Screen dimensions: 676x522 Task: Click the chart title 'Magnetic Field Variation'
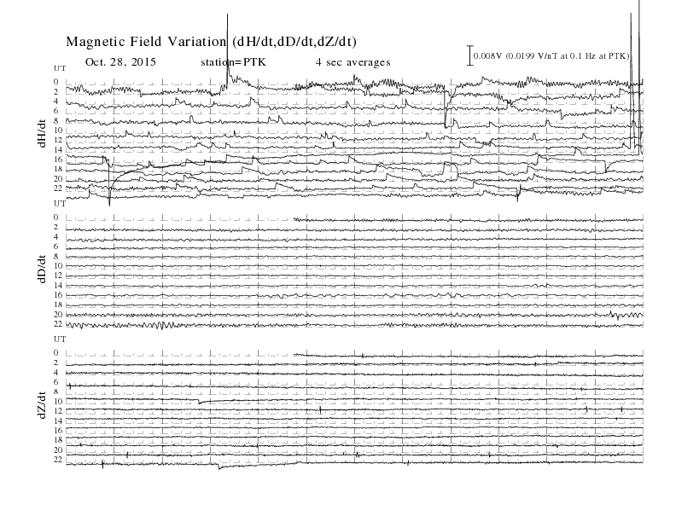pyautogui.click(x=146, y=42)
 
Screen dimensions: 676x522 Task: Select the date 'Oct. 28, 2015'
pyautogui.click(x=120, y=61)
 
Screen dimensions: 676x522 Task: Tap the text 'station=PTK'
pyautogui.click(x=233, y=62)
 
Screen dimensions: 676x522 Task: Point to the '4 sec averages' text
pyautogui.click(x=353, y=62)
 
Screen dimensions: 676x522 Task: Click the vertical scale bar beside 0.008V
pyautogui.click(x=470, y=55)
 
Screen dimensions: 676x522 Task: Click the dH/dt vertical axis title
pyautogui.click(x=42, y=134)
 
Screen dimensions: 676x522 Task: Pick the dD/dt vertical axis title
pyautogui.click(x=42, y=269)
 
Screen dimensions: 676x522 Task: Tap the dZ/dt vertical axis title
pyautogui.click(x=42, y=405)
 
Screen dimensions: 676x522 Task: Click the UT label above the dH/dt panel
pyautogui.click(x=60, y=68)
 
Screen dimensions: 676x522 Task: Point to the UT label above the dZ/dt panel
pyautogui.click(x=60, y=339)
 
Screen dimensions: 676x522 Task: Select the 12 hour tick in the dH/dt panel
pyautogui.click(x=58, y=140)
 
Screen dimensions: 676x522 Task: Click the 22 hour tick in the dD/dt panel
pyautogui.click(x=58, y=323)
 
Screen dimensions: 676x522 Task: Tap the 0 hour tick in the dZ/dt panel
pyautogui.click(x=56, y=353)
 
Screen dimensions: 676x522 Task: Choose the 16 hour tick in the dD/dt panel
pyautogui.click(x=58, y=294)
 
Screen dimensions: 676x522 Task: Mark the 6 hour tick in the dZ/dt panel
pyautogui.click(x=56, y=382)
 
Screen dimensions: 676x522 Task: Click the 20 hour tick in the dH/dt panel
pyautogui.click(x=58, y=179)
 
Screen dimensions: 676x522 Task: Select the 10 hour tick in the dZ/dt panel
pyautogui.click(x=58, y=401)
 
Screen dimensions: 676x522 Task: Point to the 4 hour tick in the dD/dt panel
pyautogui.click(x=56, y=237)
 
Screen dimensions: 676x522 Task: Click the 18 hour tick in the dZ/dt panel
pyautogui.click(x=58, y=440)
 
